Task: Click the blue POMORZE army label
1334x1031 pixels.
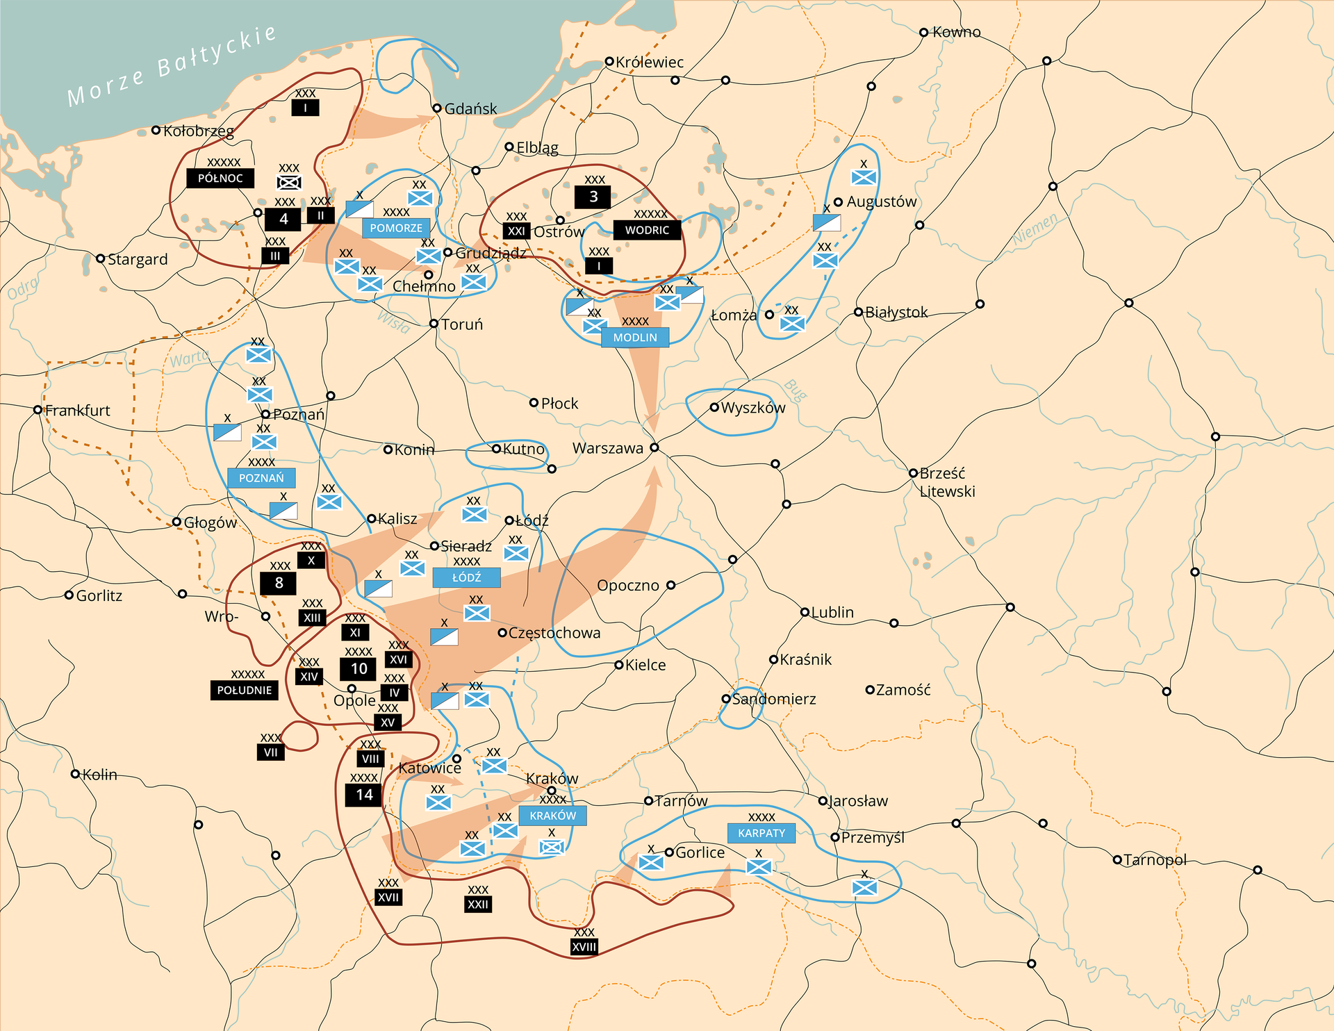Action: click(x=396, y=228)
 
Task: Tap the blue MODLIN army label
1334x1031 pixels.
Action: click(x=635, y=337)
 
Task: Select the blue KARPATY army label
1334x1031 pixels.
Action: click(x=761, y=833)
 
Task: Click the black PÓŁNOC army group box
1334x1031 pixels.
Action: click(x=220, y=178)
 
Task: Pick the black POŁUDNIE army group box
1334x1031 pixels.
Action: click(x=244, y=690)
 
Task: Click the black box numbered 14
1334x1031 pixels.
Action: click(x=364, y=795)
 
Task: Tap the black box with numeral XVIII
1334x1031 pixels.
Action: click(x=584, y=946)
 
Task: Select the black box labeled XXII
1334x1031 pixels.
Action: click(x=478, y=904)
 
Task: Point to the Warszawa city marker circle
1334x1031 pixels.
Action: click(x=654, y=447)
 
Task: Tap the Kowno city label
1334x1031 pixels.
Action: click(x=956, y=32)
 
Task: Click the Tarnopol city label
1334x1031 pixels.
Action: click(x=1155, y=859)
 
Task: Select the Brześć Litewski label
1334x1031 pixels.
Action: click(x=946, y=482)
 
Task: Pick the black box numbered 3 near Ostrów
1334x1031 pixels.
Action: click(x=593, y=197)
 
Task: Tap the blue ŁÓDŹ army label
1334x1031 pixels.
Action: click(x=466, y=577)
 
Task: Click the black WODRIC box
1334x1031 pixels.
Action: click(x=647, y=230)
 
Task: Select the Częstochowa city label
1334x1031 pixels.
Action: click(x=554, y=633)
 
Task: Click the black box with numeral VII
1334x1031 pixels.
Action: click(x=270, y=752)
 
